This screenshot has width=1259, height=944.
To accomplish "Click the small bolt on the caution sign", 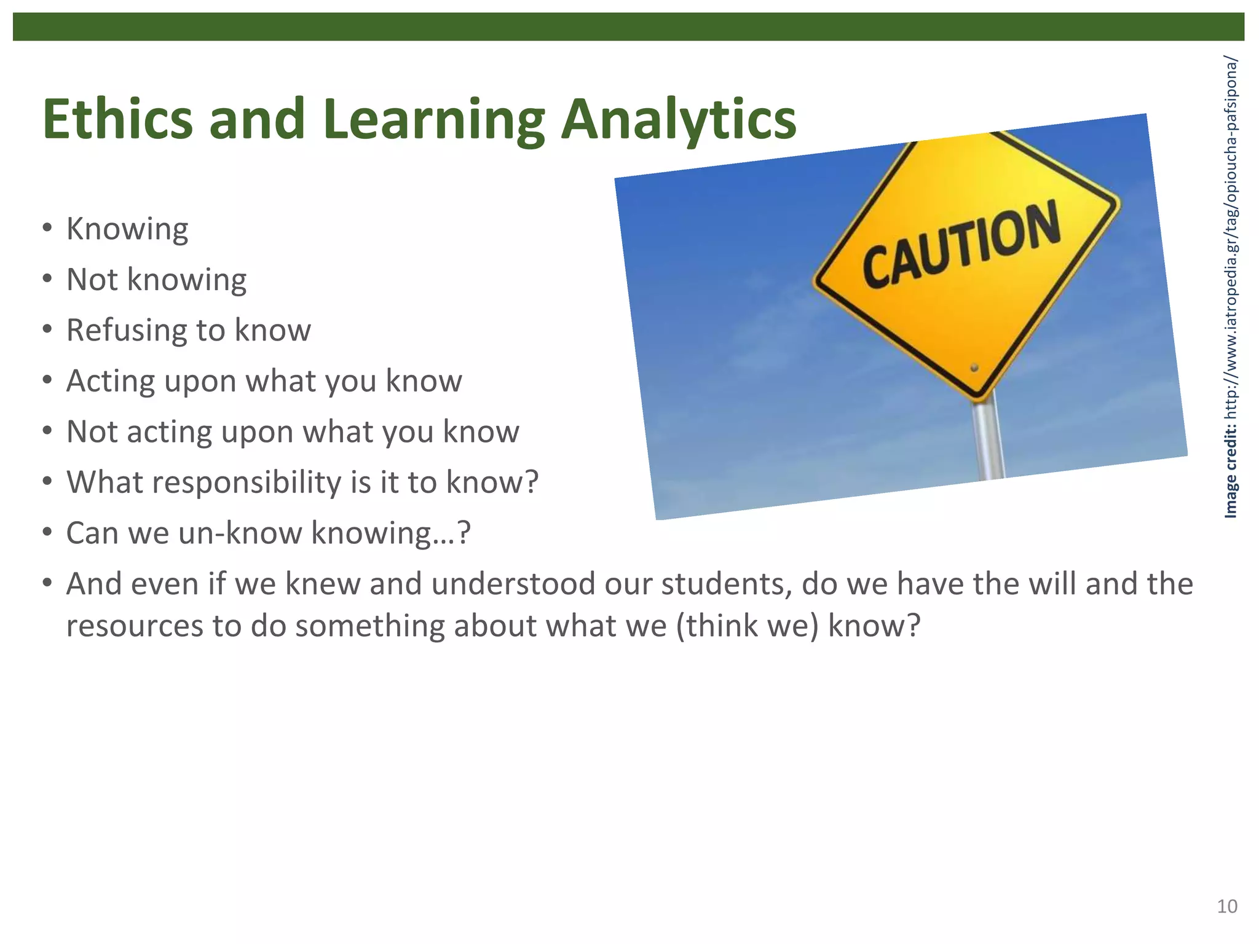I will pos(974,368).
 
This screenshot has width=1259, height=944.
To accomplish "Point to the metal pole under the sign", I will pos(989,439).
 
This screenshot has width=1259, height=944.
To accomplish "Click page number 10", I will pos(1227,907).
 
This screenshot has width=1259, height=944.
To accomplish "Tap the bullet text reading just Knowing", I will pos(127,229).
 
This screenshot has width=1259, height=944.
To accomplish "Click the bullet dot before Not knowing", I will pos(47,280).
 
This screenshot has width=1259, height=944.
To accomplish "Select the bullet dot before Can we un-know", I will pos(47,533).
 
